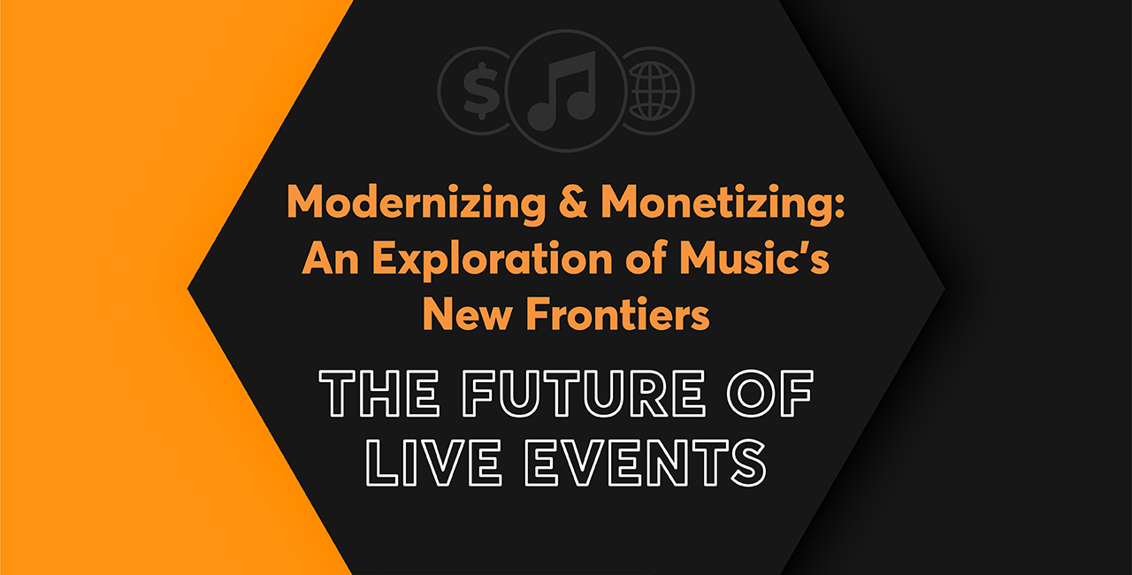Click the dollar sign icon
481,91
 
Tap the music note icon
562,91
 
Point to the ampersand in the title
573,201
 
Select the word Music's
754,257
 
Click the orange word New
468,314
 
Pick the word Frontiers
618,314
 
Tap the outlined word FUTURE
584,394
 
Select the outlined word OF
770,394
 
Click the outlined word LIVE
433,463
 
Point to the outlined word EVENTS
646,463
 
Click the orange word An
331,257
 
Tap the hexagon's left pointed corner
188,289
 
